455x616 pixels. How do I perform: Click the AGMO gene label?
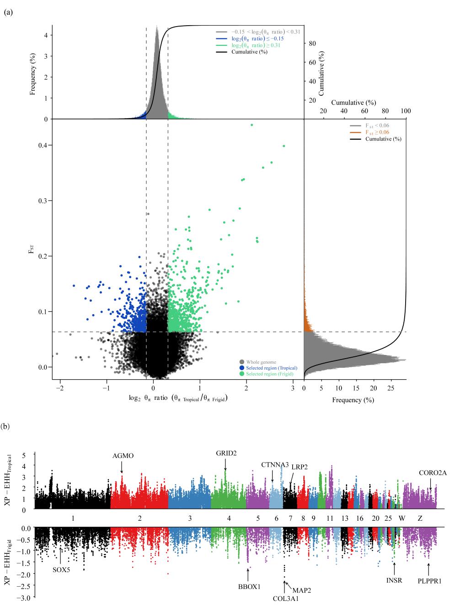[123, 455]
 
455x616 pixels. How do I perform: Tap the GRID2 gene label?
[226, 453]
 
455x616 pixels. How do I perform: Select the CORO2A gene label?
[433, 473]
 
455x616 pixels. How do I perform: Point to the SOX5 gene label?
[61, 570]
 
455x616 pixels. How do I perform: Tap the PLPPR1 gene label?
[429, 582]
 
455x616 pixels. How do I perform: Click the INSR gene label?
[394, 580]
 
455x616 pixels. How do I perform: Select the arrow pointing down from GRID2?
[225, 464]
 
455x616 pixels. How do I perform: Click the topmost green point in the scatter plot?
[252, 125]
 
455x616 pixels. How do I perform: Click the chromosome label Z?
[420, 518]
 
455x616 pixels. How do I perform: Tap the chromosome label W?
[401, 518]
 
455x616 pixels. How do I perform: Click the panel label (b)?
[8, 426]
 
